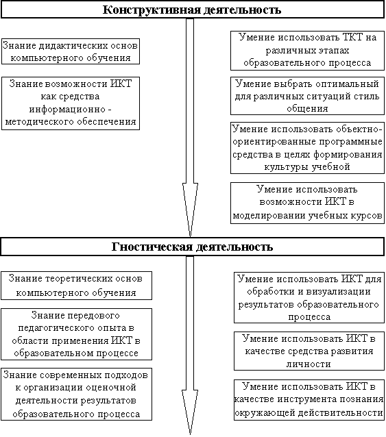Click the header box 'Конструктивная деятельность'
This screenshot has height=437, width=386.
click(x=193, y=10)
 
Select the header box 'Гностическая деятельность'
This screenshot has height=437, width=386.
click(x=193, y=247)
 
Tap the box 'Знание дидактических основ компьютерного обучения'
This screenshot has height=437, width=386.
click(x=71, y=51)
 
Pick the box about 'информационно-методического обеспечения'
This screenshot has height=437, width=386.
click(x=71, y=103)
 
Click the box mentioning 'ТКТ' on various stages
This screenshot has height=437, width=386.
click(x=307, y=51)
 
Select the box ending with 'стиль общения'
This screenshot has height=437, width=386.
click(x=307, y=96)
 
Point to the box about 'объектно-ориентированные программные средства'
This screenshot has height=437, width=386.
click(x=307, y=148)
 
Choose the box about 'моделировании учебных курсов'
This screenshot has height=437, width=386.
click(x=307, y=203)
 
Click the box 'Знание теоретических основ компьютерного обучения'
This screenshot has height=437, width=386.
click(x=76, y=286)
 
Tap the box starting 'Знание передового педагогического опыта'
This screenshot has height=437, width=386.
click(x=76, y=334)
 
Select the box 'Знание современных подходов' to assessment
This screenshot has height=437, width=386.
click(x=76, y=394)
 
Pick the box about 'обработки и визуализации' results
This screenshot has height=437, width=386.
click(x=309, y=298)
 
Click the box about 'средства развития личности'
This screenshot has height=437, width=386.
click(x=309, y=351)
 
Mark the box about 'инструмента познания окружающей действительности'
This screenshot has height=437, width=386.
click(x=309, y=399)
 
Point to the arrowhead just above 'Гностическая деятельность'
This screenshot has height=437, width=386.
click(x=190, y=210)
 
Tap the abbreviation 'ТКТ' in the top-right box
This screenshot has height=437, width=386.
click(x=354, y=37)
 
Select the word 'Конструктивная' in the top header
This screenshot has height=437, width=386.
click(x=152, y=10)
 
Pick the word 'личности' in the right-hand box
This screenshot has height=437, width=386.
click(x=309, y=364)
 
